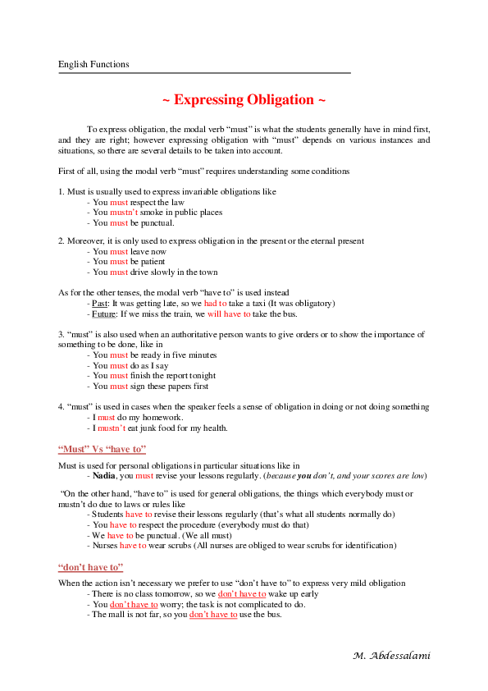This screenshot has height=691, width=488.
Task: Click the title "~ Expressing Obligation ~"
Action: [244, 100]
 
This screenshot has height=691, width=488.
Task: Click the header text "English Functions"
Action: [93, 64]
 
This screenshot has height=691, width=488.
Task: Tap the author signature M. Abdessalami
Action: [391, 656]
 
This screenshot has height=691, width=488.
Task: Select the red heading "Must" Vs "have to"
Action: [102, 449]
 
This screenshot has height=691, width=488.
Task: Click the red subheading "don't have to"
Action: [91, 567]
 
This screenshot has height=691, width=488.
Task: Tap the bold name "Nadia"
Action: [103, 475]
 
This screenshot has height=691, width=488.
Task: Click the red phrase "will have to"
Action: [229, 313]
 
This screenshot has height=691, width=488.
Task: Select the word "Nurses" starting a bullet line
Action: [105, 544]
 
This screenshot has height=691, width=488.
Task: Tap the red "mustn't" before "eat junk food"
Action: [112, 428]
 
